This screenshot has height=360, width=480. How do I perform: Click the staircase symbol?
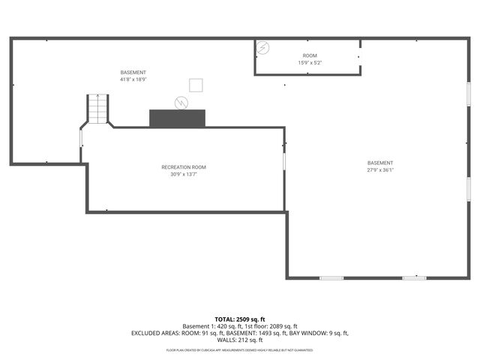click(x=98, y=109)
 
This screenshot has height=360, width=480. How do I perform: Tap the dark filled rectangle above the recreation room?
click(x=177, y=118)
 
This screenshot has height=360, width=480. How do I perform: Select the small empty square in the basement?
click(x=196, y=85)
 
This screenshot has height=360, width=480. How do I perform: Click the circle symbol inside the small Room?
click(x=262, y=49)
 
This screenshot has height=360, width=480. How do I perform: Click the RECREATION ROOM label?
click(x=184, y=167)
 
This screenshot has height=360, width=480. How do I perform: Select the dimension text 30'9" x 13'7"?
click(x=184, y=174)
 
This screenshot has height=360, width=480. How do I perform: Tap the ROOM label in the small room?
click(x=310, y=56)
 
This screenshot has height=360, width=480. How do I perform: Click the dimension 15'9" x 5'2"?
click(x=310, y=63)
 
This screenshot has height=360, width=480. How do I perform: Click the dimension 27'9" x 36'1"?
click(x=380, y=169)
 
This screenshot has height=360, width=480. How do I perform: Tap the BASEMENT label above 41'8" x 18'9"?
click(x=133, y=73)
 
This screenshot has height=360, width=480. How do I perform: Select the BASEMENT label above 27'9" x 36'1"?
click(x=380, y=163)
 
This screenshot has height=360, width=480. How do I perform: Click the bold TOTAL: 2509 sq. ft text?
click(x=240, y=319)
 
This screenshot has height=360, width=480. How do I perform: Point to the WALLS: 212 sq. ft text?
click(x=240, y=340)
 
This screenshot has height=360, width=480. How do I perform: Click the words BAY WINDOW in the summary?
click(x=303, y=333)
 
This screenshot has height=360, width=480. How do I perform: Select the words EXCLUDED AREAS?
click(x=156, y=333)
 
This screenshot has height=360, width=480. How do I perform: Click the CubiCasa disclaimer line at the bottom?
click(x=240, y=350)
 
